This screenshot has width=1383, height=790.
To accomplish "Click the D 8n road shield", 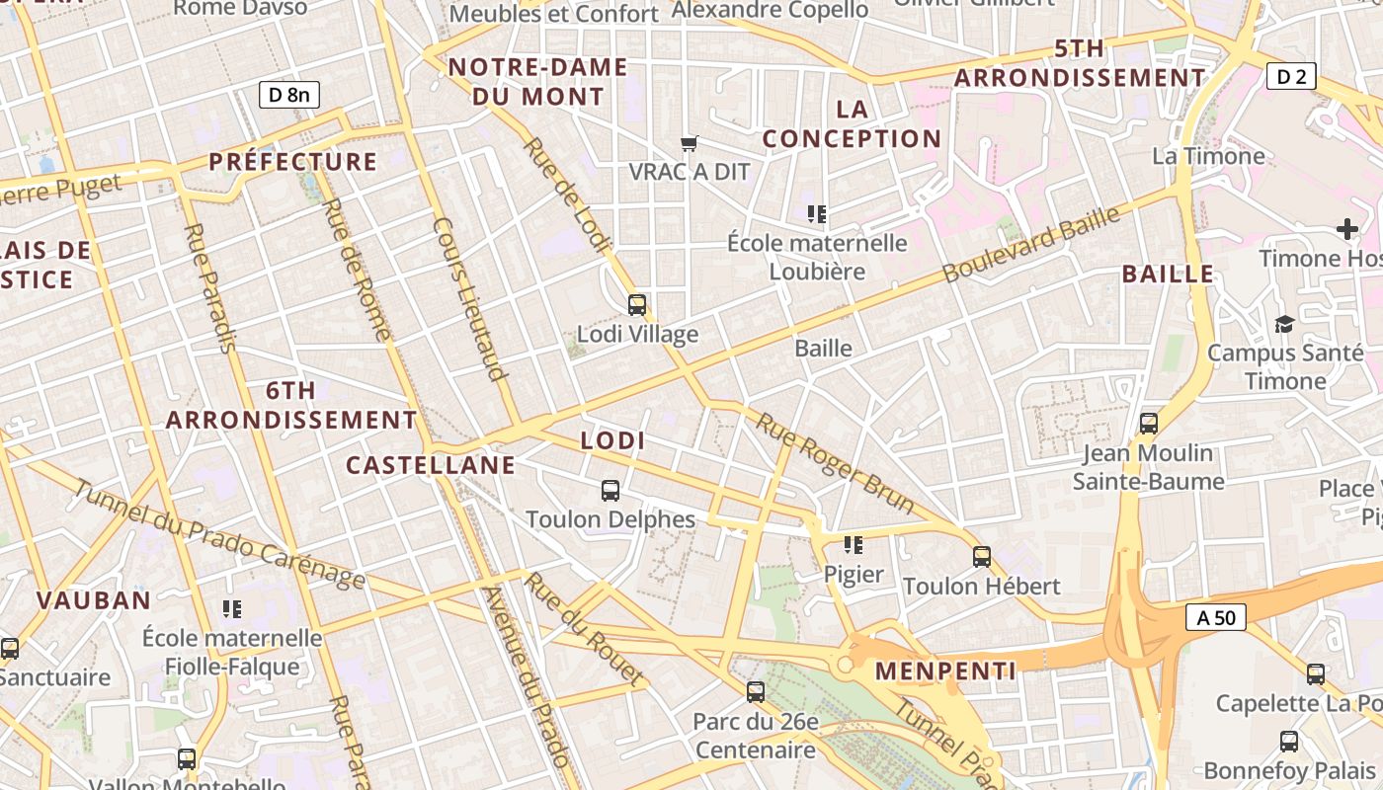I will [x=289, y=95].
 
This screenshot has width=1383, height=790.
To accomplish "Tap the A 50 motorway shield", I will [x=1215, y=618].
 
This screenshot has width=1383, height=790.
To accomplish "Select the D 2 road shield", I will [x=1291, y=76].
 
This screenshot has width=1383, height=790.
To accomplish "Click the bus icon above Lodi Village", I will [x=637, y=305].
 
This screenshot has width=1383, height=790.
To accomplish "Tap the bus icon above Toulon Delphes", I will [x=610, y=491].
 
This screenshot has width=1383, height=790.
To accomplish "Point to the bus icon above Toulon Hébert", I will [x=981, y=557].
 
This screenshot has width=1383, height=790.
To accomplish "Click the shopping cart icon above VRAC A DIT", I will [x=690, y=143].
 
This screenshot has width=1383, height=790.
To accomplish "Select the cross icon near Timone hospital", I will [x=1347, y=230].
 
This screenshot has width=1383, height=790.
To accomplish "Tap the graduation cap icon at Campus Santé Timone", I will [x=1284, y=324].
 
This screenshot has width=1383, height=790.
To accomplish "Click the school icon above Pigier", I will [x=854, y=545].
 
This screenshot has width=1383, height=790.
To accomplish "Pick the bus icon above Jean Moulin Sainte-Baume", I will [x=1148, y=424].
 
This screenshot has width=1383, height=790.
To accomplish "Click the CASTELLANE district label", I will [x=431, y=465].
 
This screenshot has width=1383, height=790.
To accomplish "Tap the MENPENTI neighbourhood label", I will [x=945, y=671].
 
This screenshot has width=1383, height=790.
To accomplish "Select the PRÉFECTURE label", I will [x=293, y=162].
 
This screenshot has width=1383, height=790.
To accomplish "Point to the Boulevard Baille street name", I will [x=1032, y=245].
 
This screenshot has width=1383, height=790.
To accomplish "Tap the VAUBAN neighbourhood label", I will [x=94, y=600].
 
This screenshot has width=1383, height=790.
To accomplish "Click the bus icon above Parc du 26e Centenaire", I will [x=756, y=692].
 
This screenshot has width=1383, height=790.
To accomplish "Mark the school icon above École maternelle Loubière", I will [x=816, y=214].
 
